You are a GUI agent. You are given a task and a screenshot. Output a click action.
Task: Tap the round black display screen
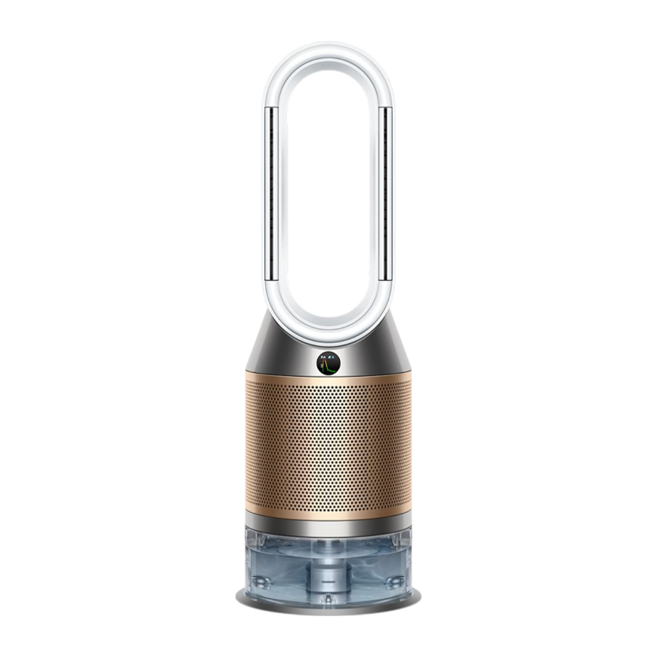328,363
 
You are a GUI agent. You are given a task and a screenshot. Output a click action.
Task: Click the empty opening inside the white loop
328,189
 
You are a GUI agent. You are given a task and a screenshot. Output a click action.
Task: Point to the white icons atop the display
328,356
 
